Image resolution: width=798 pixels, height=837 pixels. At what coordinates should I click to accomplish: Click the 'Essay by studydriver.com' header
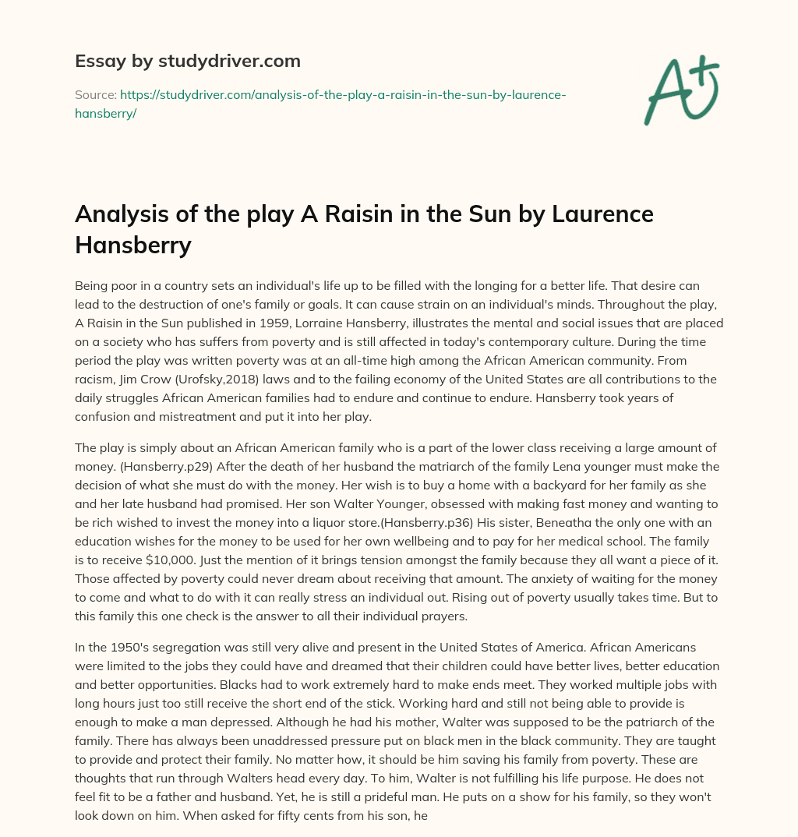(x=188, y=60)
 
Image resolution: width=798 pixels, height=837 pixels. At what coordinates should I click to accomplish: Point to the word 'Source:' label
(x=95, y=94)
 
